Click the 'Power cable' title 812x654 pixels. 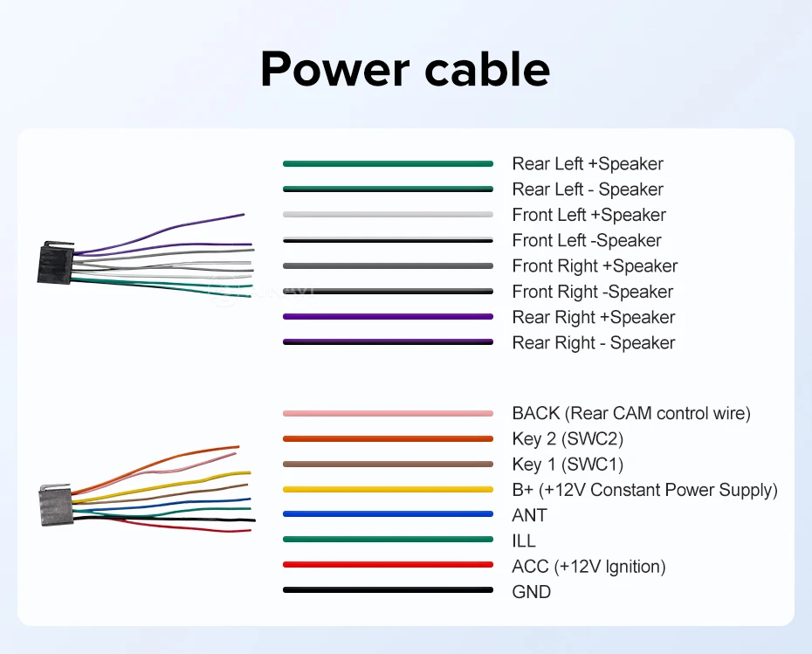405,69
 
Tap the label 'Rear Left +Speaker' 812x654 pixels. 588,163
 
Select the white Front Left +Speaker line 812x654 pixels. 388,215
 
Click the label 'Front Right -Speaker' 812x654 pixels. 593,292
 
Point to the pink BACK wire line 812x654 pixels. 388,413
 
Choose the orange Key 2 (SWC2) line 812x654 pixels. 388,438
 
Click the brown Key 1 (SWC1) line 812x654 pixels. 388,464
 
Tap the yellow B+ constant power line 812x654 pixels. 388,489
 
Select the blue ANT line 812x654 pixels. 388,514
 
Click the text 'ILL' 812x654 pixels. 524,540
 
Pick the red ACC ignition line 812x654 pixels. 388,564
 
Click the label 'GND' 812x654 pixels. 532,591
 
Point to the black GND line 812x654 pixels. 388,589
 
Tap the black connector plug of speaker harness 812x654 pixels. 55,263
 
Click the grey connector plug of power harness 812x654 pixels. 57,506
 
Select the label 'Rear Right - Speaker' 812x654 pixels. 594,343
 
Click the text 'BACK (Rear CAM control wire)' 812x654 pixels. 631,413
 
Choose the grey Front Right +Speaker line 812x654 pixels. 388,265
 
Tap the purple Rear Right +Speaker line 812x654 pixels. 388,316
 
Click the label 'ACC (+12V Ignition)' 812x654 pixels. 588,567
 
